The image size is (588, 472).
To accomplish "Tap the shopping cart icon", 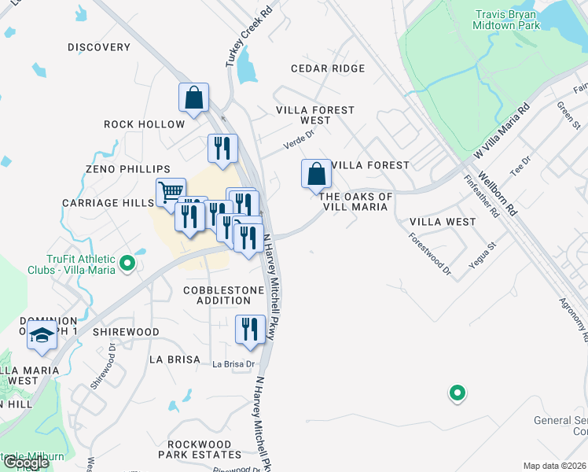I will (x=171, y=191).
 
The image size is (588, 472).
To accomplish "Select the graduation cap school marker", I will (x=42, y=336).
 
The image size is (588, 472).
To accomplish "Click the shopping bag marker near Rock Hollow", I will (x=193, y=98).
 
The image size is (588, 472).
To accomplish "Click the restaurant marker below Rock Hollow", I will (x=222, y=149).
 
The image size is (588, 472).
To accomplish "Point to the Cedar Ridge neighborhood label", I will (x=328, y=68).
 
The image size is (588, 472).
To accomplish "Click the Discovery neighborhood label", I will (x=99, y=47).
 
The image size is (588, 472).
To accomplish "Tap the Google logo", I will (x=26, y=463).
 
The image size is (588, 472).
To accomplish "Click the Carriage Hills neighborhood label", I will (x=108, y=203).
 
